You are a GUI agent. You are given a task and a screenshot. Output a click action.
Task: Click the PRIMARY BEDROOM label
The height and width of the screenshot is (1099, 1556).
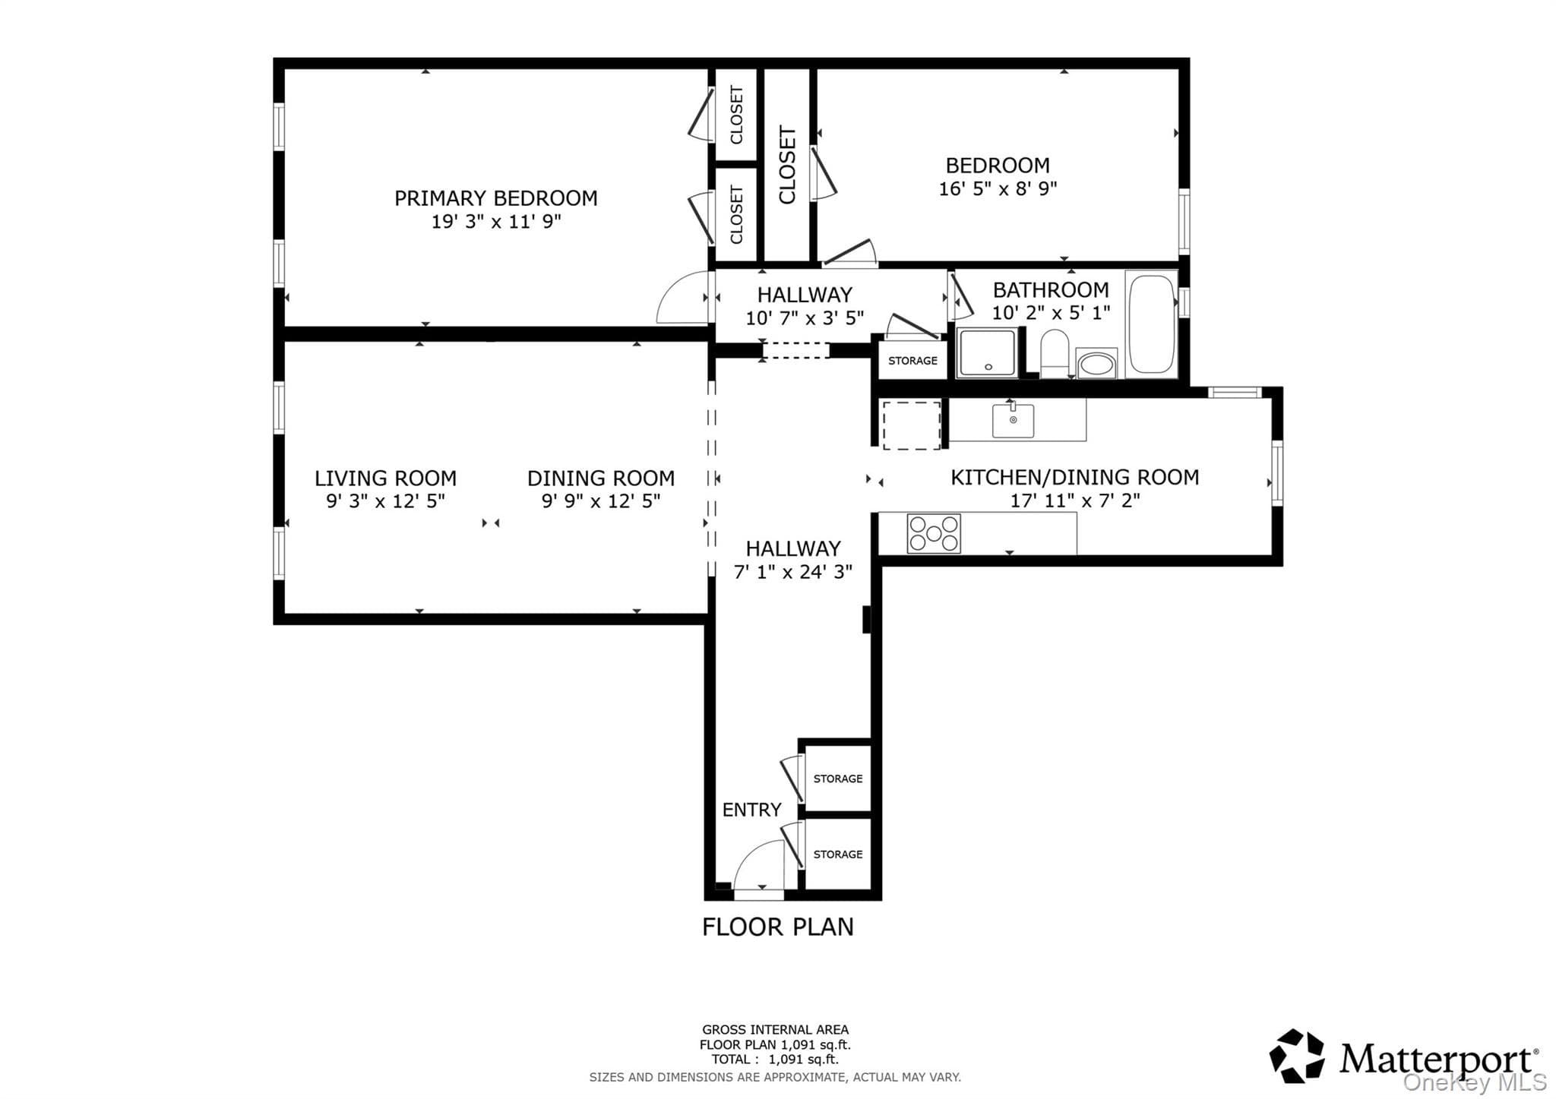[495, 198]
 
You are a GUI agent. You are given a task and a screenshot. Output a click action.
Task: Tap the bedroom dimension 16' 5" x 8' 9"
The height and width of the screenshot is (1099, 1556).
[998, 188]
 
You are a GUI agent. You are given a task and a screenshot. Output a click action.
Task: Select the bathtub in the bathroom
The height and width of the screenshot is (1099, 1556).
[1152, 324]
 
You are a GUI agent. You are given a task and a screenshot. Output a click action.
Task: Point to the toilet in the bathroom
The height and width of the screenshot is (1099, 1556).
[1055, 353]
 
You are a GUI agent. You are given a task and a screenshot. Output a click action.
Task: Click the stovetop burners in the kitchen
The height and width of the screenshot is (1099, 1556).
[934, 533]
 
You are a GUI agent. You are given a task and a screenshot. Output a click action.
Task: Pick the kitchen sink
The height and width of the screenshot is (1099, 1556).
[1013, 421]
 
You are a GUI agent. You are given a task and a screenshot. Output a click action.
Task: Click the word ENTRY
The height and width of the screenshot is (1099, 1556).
[751, 810]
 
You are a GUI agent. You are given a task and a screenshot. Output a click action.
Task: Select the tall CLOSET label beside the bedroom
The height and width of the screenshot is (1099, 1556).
[787, 165]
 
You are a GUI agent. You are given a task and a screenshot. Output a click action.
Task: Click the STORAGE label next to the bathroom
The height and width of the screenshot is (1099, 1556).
[912, 361]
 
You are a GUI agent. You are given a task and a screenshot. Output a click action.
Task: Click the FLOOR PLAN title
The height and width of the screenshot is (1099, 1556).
[777, 927]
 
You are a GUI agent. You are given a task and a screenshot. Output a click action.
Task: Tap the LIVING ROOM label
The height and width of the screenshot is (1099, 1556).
[385, 478]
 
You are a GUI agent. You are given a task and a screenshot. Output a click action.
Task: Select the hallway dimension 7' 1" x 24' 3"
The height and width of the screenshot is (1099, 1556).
[792, 571]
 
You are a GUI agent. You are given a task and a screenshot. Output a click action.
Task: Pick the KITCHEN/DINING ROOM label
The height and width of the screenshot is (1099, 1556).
[1074, 477]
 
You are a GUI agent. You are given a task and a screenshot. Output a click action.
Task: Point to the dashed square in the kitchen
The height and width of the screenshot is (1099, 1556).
[912, 425]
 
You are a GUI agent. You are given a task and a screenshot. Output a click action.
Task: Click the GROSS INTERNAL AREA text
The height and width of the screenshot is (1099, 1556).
[775, 1030]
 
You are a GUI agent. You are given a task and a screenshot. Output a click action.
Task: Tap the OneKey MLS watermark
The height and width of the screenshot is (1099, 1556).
[1475, 1082]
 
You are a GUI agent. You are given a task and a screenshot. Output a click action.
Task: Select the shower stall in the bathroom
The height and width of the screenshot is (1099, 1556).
[987, 352]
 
